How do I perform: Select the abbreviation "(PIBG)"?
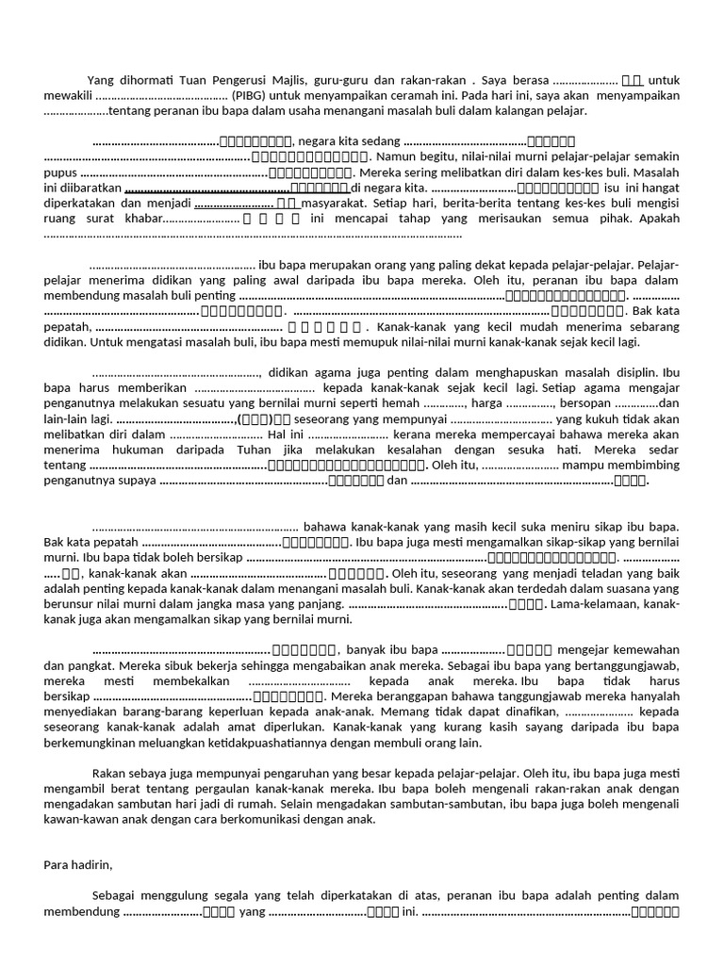[253, 95]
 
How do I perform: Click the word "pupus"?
[59, 173]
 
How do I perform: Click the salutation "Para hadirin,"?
[78, 863]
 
